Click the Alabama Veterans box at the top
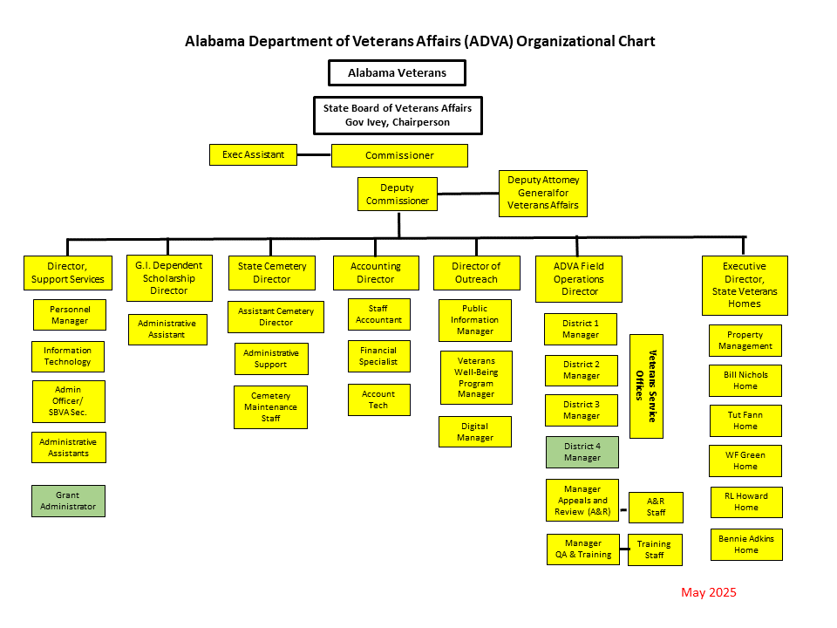tap(397, 72)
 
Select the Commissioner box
tap(399, 155)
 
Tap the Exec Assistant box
tap(253, 154)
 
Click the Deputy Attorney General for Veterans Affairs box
tap(543, 193)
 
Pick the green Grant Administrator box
tap(68, 501)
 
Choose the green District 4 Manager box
tap(582, 452)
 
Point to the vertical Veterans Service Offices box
tap(646, 386)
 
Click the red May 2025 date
tap(709, 592)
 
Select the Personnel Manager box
tap(70, 315)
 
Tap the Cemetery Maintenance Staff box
tap(270, 407)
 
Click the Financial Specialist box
tap(378, 356)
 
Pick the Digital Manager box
tap(474, 432)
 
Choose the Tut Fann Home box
tap(745, 420)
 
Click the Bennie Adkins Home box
tap(746, 544)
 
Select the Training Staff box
tap(655, 549)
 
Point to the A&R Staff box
tap(656, 507)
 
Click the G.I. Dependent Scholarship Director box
tap(168, 277)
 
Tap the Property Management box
tap(745, 340)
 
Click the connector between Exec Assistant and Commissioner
tap(314, 155)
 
